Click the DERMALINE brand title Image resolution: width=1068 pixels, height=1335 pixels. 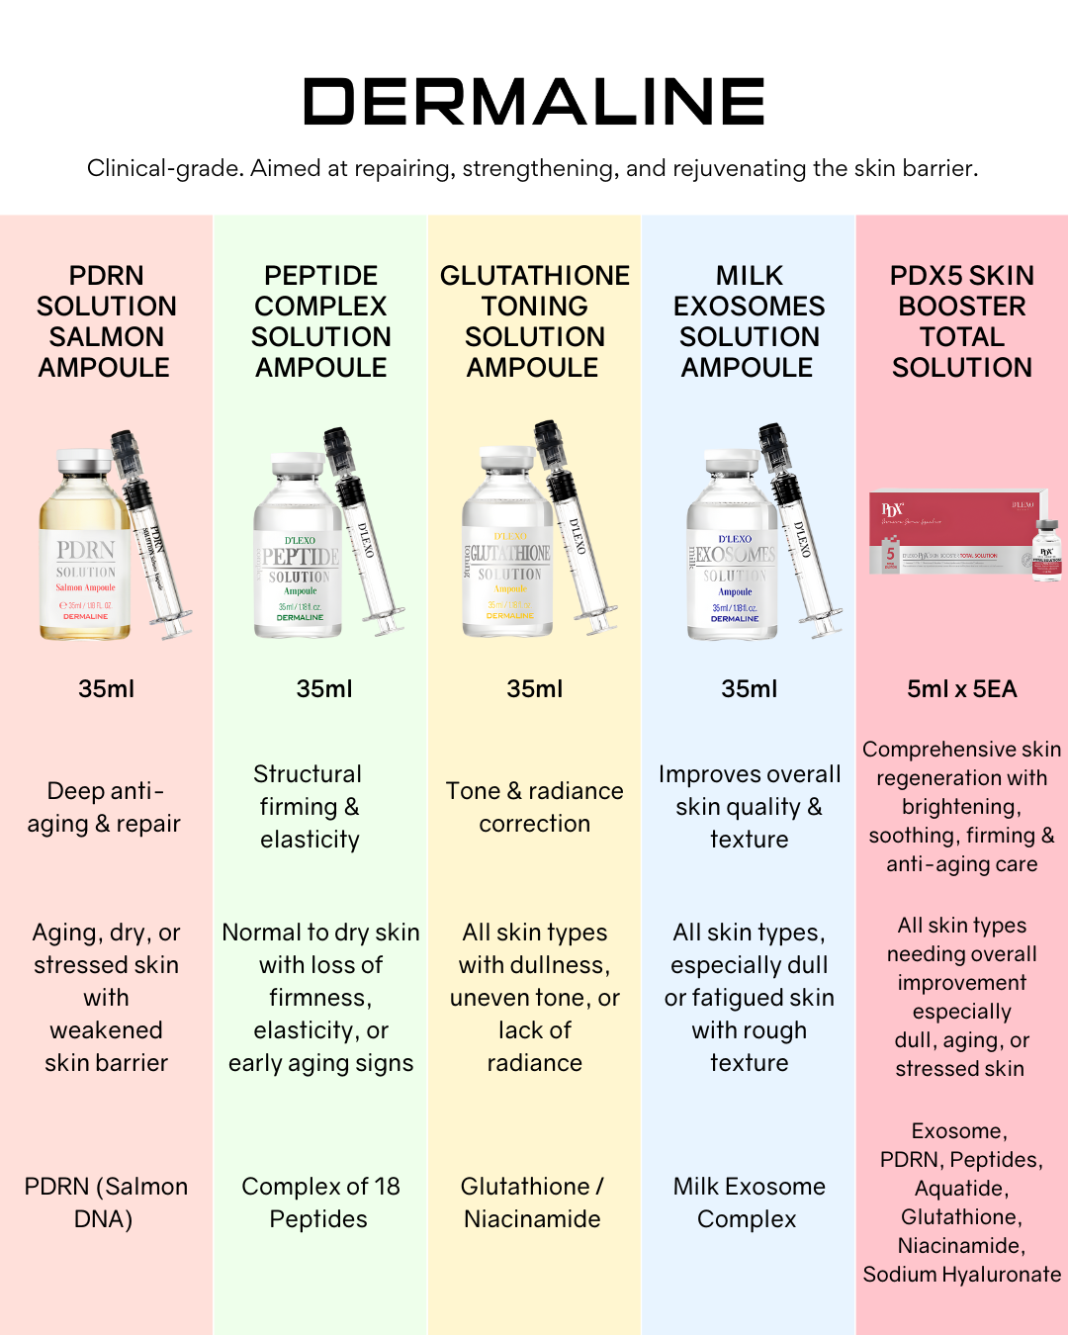(534, 102)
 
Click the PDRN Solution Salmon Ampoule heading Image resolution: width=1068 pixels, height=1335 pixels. (106, 321)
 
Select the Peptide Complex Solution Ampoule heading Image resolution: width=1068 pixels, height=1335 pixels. (320, 321)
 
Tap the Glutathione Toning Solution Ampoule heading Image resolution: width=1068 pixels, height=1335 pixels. (534, 321)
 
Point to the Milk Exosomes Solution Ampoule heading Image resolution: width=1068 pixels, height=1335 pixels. (749, 321)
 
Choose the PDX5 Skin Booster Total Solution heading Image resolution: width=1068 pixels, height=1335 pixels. (961, 321)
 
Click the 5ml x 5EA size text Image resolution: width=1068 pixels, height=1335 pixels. (961, 689)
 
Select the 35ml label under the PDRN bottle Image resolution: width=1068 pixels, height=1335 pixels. (106, 689)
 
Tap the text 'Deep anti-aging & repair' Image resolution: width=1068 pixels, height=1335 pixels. (104, 807)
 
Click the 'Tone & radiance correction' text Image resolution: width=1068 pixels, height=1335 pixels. (534, 807)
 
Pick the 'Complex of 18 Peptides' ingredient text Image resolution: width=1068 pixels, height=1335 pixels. (320, 1202)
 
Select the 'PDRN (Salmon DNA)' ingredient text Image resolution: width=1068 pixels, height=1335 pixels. (106, 1202)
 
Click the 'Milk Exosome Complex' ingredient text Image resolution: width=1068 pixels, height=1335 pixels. (749, 1202)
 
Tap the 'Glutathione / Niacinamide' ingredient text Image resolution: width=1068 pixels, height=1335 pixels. (533, 1202)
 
